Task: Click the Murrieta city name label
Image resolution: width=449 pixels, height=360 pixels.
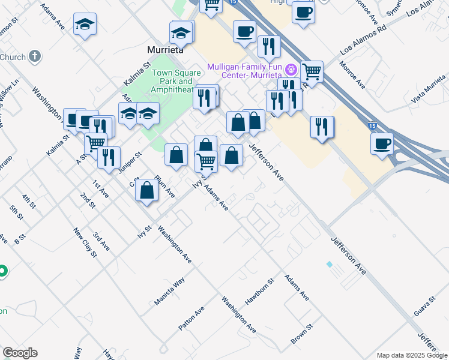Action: click(x=166, y=50)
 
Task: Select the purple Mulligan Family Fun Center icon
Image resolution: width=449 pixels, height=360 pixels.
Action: click(x=291, y=70)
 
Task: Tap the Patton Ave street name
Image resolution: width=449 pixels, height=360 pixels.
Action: click(x=191, y=319)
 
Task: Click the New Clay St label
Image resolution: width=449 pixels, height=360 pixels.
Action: click(x=85, y=242)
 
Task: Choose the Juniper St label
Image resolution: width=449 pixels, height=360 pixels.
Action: click(x=129, y=163)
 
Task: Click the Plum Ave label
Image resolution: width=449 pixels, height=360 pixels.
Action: click(x=164, y=186)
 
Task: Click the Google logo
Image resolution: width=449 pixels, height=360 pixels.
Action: click(x=20, y=353)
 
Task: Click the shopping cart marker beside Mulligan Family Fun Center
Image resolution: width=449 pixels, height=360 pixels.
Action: click(x=312, y=71)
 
